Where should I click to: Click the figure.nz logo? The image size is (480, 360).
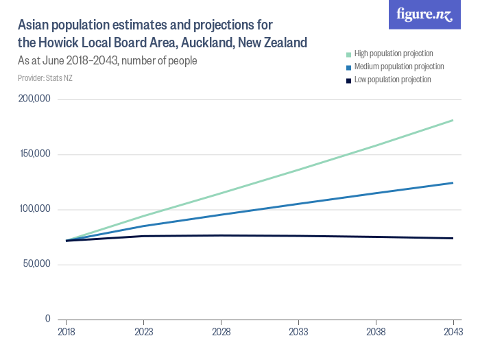tap(424, 15)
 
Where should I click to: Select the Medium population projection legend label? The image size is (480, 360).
tap(399, 67)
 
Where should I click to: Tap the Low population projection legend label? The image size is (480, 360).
tap(392, 80)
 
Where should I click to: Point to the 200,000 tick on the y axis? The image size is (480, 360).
tap(34, 99)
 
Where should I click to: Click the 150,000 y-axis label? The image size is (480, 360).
tap(34, 154)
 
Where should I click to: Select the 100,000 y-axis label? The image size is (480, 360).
tap(34, 209)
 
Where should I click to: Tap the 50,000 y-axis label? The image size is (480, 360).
tap(36, 264)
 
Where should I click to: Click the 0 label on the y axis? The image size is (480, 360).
tap(47, 319)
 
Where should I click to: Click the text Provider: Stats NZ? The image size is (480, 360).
tap(45, 77)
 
